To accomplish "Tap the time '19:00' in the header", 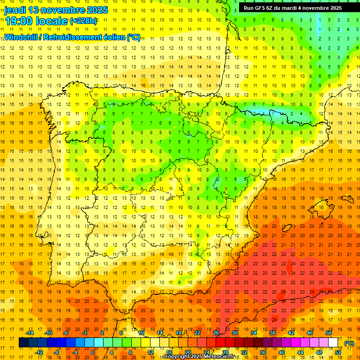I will (19, 21).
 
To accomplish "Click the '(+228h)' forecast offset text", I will (84, 21).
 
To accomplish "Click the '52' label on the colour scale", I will (338, 352).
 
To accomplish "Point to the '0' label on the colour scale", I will (93, 352).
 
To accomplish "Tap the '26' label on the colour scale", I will (216, 333).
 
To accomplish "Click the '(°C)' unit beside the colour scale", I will (349, 343).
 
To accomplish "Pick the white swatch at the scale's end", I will (333, 343).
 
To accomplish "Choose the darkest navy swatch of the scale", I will (23, 343).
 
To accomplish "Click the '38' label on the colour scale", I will (272, 333).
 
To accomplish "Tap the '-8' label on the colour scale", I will (57, 352).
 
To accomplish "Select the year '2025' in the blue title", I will (97, 10).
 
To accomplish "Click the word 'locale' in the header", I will (52, 21).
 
